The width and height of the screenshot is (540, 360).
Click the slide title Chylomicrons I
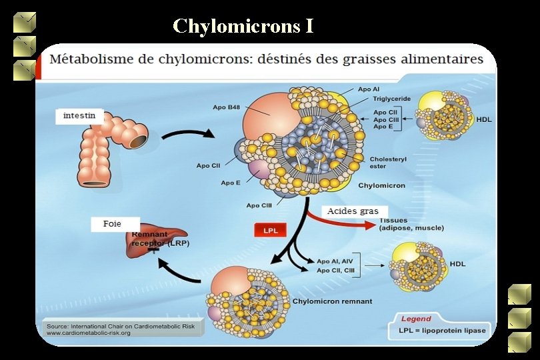243,26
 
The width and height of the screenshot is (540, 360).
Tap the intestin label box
79,117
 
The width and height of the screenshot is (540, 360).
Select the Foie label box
113,225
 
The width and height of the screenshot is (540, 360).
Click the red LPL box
271,231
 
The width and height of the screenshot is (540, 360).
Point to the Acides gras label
353,211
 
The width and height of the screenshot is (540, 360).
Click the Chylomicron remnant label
332,301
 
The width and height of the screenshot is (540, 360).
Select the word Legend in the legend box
415,319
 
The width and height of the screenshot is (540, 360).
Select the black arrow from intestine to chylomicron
187,134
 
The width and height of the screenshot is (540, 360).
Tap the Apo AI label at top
369,89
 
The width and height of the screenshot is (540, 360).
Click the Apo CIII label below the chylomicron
258,205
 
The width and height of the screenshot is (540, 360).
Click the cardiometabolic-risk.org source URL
88,333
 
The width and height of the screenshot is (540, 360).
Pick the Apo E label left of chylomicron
231,183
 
